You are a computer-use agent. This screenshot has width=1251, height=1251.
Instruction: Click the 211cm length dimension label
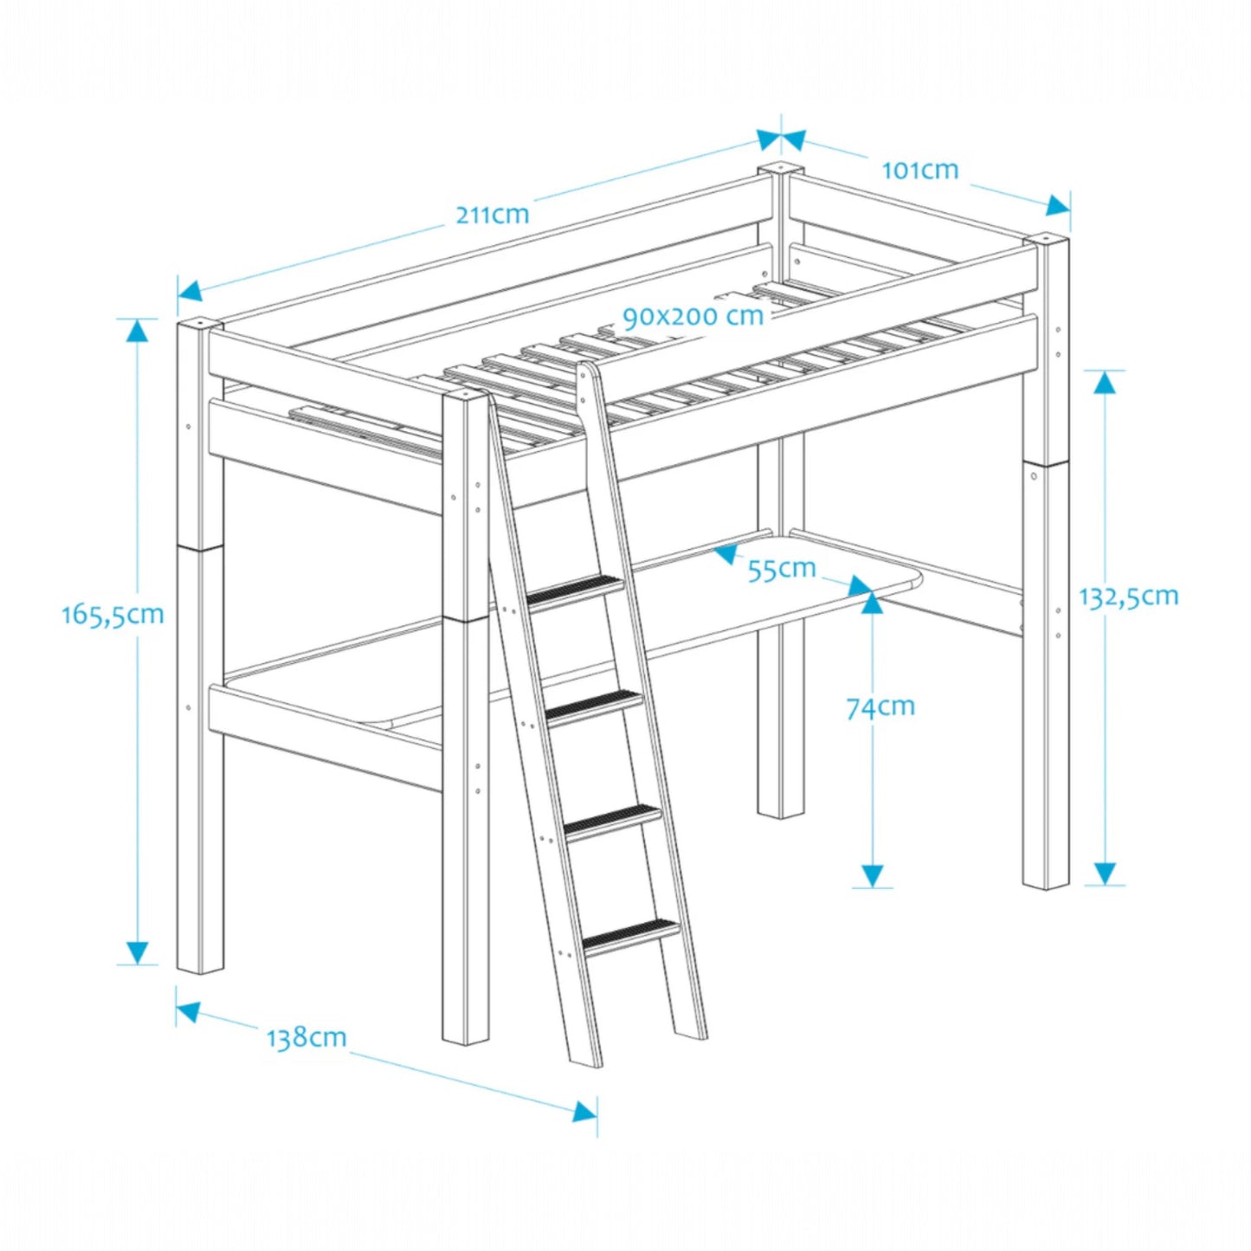pyautogui.click(x=492, y=214)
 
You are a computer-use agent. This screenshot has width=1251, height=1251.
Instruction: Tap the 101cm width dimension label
pyautogui.click(x=919, y=170)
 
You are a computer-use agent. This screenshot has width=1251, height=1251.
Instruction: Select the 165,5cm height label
pyautogui.click(x=113, y=615)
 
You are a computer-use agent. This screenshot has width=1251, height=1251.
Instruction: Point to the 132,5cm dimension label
pyautogui.click(x=1128, y=596)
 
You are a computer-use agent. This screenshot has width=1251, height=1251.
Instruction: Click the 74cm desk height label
pyautogui.click(x=880, y=707)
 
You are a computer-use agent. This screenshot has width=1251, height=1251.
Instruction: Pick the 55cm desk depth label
pyautogui.click(x=782, y=569)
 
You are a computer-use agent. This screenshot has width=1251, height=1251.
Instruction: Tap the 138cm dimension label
pyautogui.click(x=306, y=1037)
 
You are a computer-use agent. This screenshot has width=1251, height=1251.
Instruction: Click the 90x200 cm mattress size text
pyautogui.click(x=693, y=316)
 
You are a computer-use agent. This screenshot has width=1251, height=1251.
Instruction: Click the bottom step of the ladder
pyautogui.click(x=631, y=935)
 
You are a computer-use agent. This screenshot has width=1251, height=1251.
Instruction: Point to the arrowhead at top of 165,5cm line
pyautogui.click(x=137, y=331)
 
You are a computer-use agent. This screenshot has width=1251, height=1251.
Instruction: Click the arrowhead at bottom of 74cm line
pyautogui.click(x=873, y=875)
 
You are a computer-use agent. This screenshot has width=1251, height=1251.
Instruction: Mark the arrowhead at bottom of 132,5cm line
pyautogui.click(x=1104, y=873)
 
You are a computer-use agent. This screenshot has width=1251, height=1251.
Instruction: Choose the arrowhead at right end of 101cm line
pyautogui.click(x=1058, y=206)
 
